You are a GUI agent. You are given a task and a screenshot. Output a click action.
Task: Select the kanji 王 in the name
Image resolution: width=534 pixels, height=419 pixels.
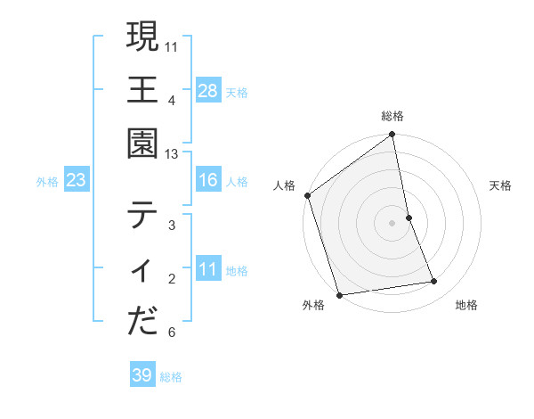142,89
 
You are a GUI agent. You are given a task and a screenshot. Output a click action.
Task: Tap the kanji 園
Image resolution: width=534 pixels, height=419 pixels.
142,143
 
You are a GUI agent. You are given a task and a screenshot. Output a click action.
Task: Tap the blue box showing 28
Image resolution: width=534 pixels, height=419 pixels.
208,90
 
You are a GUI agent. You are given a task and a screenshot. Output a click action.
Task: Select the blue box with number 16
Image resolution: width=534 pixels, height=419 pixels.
208,181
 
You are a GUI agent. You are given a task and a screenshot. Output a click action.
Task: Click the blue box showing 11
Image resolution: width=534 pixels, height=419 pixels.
208,269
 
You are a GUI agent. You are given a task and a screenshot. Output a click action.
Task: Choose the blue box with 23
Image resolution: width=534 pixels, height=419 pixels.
77,181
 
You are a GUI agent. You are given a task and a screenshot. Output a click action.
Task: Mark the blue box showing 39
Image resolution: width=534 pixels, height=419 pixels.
142,375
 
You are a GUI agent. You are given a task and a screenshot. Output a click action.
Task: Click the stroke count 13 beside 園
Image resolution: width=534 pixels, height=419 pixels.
172,154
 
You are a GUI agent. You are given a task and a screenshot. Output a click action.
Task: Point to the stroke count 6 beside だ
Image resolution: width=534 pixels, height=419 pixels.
172,333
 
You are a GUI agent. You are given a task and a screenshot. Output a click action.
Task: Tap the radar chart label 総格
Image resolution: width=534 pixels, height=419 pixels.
392,116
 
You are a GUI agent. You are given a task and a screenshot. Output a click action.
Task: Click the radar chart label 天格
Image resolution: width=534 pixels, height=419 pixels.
501,185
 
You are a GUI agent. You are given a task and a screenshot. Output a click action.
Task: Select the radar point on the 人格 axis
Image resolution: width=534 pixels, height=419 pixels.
308,195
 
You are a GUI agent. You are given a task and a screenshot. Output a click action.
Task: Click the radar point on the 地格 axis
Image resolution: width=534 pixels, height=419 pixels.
434,282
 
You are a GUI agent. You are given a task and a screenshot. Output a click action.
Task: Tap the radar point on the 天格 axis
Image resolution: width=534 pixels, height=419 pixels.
409,218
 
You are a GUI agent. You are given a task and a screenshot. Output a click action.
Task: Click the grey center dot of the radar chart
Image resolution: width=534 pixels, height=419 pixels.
392,223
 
